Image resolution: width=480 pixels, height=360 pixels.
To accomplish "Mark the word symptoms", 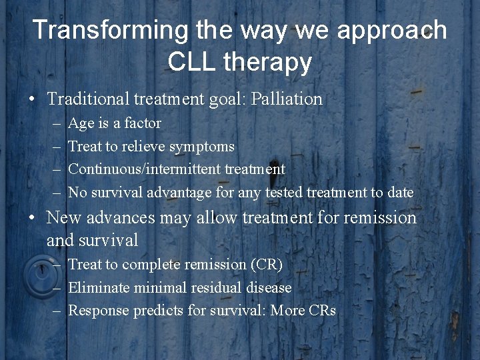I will click(202, 147).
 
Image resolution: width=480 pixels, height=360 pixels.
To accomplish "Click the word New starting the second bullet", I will click(63, 218).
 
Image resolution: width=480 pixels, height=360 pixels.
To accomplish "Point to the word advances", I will click(117, 218).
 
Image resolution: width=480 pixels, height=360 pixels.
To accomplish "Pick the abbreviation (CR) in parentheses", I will click(266, 265).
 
